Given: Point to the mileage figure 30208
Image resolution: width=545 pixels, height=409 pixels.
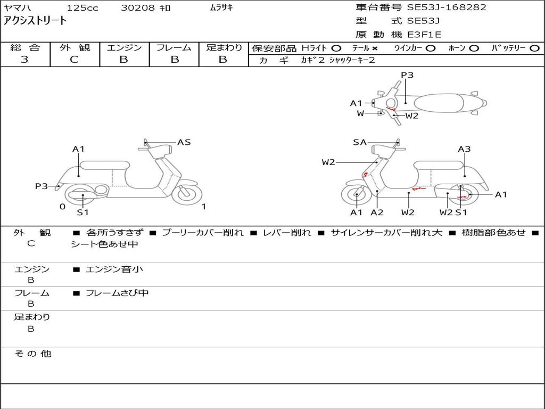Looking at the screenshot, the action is (x=138, y=8).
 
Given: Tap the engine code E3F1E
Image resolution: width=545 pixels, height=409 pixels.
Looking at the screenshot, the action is (x=425, y=35).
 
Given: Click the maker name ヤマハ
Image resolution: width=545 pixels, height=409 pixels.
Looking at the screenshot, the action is (x=16, y=8).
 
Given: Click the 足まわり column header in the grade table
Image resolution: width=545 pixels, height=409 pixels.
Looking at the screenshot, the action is (x=224, y=47).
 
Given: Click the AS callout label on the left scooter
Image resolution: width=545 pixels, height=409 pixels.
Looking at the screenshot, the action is (x=184, y=142).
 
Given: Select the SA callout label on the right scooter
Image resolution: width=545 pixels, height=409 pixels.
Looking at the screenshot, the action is (x=360, y=142).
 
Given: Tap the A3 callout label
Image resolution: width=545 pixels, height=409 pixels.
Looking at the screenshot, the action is (x=464, y=149).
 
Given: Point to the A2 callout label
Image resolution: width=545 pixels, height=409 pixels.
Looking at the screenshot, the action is (x=377, y=212).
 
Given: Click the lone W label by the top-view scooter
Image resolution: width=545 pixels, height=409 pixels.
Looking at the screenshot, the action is (x=360, y=113).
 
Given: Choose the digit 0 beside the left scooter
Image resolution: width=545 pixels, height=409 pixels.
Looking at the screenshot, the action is (x=62, y=207).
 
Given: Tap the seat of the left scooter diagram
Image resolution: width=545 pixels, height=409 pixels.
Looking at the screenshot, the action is (x=104, y=165).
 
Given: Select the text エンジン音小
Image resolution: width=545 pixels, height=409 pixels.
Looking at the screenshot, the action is (x=114, y=269).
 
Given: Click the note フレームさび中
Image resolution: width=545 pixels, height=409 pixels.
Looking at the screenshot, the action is (x=117, y=293).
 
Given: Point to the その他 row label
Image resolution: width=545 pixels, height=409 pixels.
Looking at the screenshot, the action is (x=32, y=354).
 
